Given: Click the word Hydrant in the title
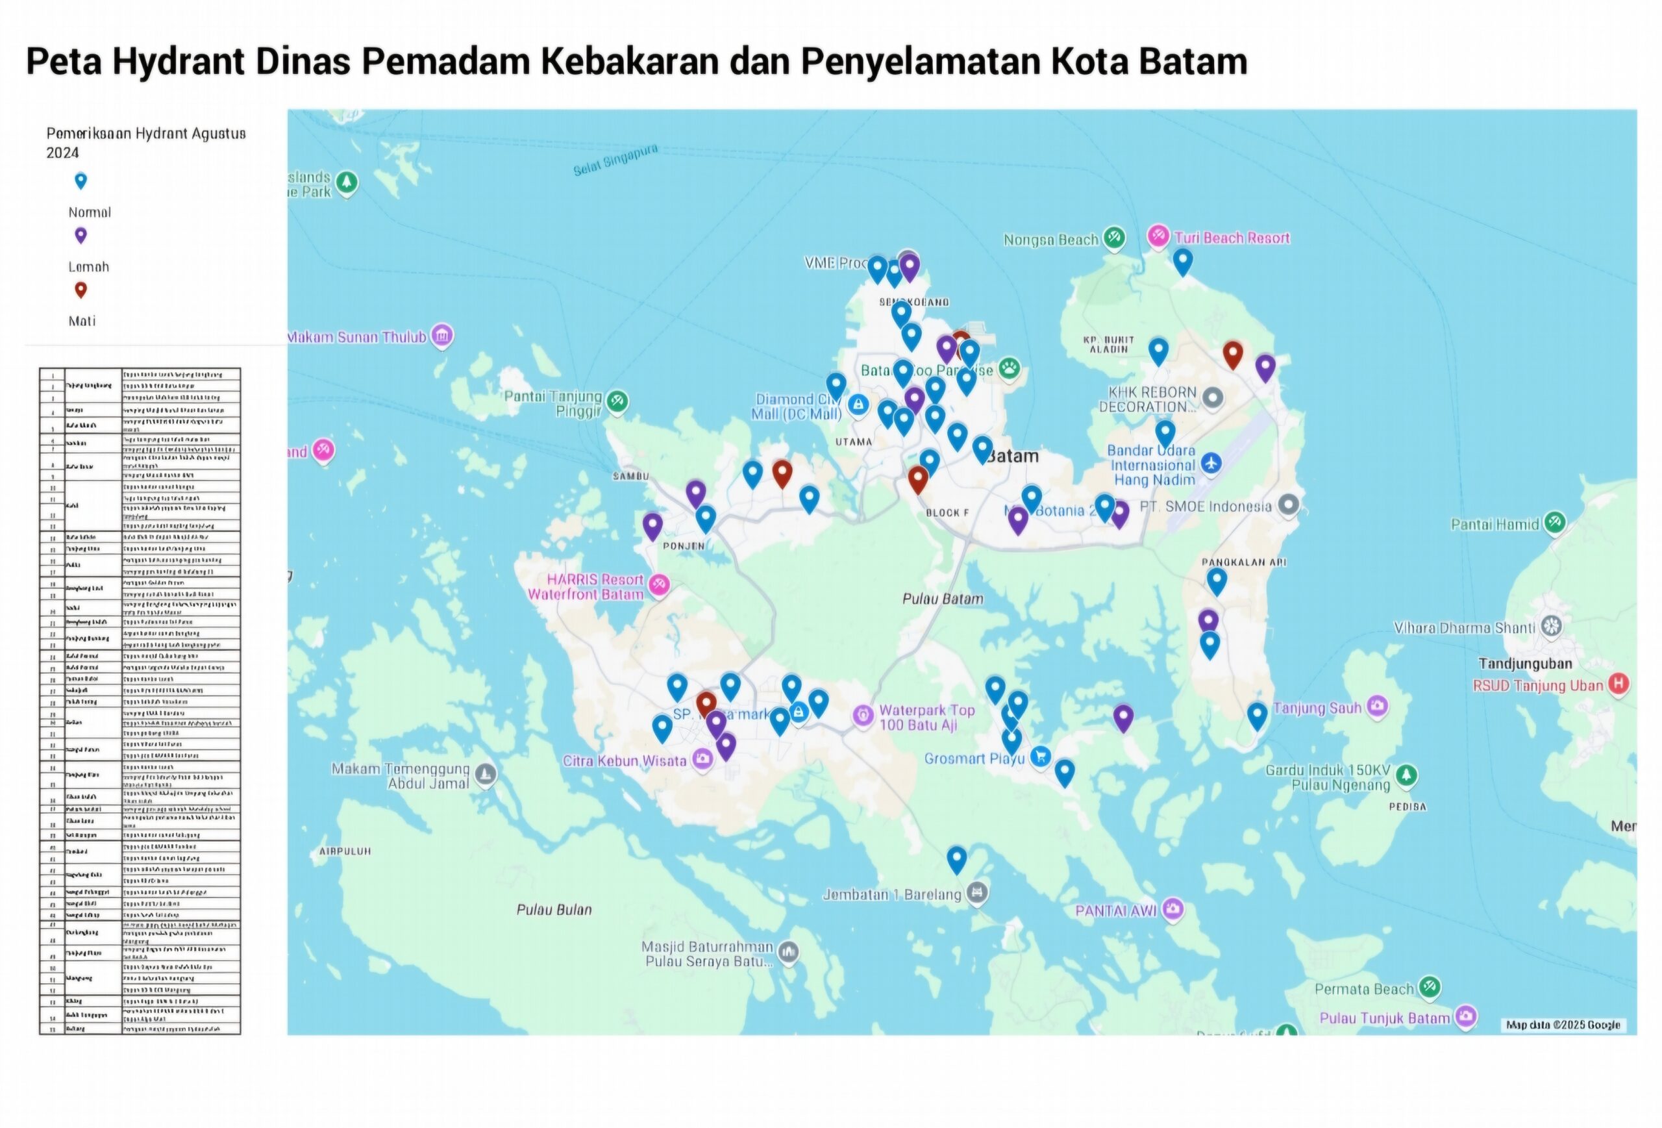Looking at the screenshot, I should pos(179,62).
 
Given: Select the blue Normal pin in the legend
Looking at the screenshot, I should pos(81,181).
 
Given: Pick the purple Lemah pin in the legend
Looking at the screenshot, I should pos(81,234).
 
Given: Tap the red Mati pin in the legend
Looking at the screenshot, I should pos(81,289).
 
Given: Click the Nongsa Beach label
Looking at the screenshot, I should pos(1050,240).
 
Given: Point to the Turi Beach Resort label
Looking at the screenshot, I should pos(1232,238).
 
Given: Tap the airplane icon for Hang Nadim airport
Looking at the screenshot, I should pos(1211,463).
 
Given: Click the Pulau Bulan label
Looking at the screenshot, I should pos(554,910).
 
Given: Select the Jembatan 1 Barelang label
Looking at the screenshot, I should pos(892,894).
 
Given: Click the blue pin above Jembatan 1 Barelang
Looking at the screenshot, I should pos(957,858).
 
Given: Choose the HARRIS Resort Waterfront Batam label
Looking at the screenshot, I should pos(586,586).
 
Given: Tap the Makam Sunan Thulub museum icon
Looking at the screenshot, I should pos(442,336).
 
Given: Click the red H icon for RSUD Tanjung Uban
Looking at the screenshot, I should pos(1619,684).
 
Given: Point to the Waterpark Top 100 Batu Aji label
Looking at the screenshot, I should pos(927,717).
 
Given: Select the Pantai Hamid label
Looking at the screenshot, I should pos(1495,524).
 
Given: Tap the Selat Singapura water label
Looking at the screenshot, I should pos(615,160).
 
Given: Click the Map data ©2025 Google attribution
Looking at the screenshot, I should pos(1563,1024).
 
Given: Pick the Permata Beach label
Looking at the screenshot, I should pos(1364,988).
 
